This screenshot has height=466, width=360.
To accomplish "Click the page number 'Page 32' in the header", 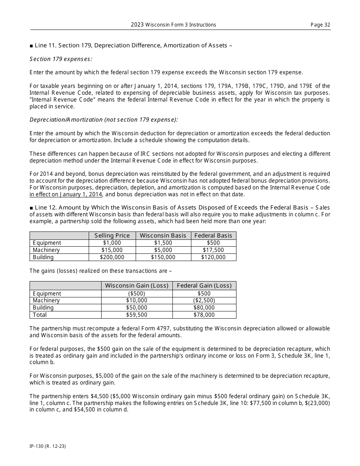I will click(x=320, y=25).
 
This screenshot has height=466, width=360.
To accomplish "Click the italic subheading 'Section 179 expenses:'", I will click(x=61, y=59).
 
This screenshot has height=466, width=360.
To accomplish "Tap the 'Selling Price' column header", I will click(x=112, y=236).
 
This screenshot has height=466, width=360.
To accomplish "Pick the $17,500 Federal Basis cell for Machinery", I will click(x=213, y=250).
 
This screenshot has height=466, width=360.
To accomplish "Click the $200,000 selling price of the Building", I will click(x=112, y=257).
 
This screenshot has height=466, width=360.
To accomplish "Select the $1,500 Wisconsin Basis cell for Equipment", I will click(x=163, y=243).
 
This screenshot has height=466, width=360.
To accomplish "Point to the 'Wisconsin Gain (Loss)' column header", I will click(x=136, y=286).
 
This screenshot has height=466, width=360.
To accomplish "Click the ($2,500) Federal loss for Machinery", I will click(x=204, y=300).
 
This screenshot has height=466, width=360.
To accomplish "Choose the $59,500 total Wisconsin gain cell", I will click(x=136, y=315).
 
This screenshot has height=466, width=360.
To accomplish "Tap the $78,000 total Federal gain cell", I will click(x=204, y=315).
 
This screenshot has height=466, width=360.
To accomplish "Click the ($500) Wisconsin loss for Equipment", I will click(x=136, y=294).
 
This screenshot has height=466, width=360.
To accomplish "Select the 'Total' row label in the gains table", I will click(x=40, y=315).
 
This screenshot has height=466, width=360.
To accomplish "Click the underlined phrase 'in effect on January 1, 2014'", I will click(x=66, y=194).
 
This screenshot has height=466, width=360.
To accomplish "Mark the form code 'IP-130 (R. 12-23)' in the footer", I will click(x=48, y=446).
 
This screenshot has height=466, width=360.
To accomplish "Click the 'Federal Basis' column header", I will click(x=213, y=236).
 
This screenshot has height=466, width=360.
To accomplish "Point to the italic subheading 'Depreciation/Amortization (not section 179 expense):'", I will click(x=103, y=120).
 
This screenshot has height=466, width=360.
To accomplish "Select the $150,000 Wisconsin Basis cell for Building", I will click(x=163, y=257).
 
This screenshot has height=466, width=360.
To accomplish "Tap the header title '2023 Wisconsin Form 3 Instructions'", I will click(x=174, y=25).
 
